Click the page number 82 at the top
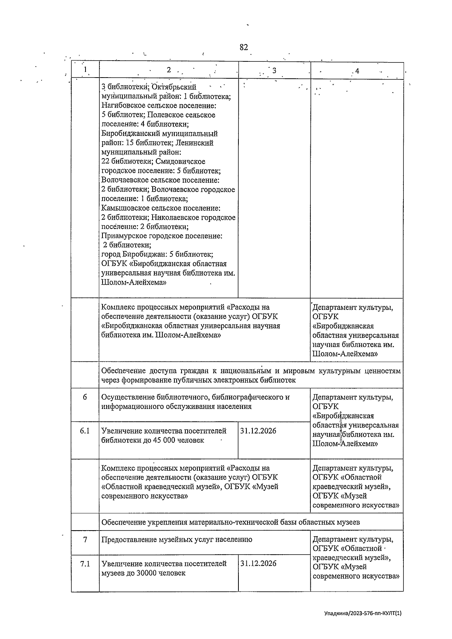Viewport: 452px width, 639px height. click(244, 47)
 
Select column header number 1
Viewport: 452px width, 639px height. click(85, 70)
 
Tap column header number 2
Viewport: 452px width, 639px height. click(169, 70)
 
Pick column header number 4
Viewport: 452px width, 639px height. click(357, 71)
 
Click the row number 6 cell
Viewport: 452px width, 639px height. click(85, 397)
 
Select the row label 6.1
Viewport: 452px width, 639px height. click(85, 431)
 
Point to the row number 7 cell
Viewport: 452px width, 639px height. click(85, 540)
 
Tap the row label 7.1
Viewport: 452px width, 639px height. click(85, 564)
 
